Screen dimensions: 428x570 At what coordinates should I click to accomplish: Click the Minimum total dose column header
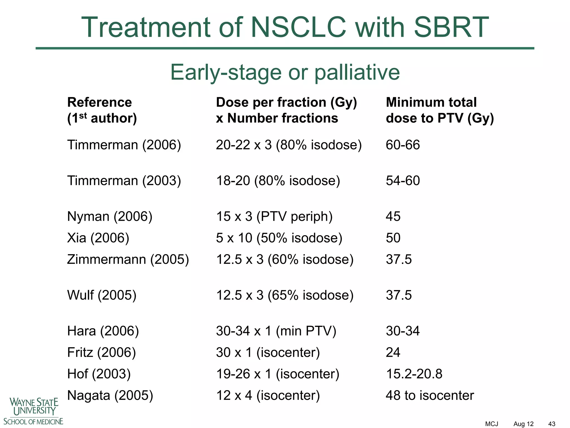pos(439,110)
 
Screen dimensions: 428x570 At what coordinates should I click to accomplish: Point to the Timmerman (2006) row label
pos(124,145)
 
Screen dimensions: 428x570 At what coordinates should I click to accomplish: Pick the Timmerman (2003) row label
pos(124,181)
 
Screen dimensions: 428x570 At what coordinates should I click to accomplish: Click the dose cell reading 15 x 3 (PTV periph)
pos(274,217)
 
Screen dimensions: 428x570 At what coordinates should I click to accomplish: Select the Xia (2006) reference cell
pos(98,238)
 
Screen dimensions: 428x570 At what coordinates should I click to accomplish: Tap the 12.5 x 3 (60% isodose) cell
pos(285,259)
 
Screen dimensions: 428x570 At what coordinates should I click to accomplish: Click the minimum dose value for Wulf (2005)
pos(399,295)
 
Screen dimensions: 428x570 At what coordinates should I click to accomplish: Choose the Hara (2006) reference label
pos(103,331)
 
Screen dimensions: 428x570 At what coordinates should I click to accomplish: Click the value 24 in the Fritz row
pos(393,352)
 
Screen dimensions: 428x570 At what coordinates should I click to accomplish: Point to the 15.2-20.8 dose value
pos(414,374)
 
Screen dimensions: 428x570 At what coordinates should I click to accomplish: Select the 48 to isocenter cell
pos(429,395)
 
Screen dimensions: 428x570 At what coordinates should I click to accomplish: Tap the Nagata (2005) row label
pos(110,395)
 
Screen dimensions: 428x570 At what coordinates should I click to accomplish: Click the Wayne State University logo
pos(33,411)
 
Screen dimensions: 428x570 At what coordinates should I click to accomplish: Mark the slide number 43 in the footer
pos(552,424)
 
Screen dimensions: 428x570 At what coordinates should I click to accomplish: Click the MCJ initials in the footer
pos(492,424)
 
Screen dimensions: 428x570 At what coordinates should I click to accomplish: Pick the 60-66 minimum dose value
pos(402,145)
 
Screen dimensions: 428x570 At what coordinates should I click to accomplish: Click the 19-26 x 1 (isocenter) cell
pos(277,374)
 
